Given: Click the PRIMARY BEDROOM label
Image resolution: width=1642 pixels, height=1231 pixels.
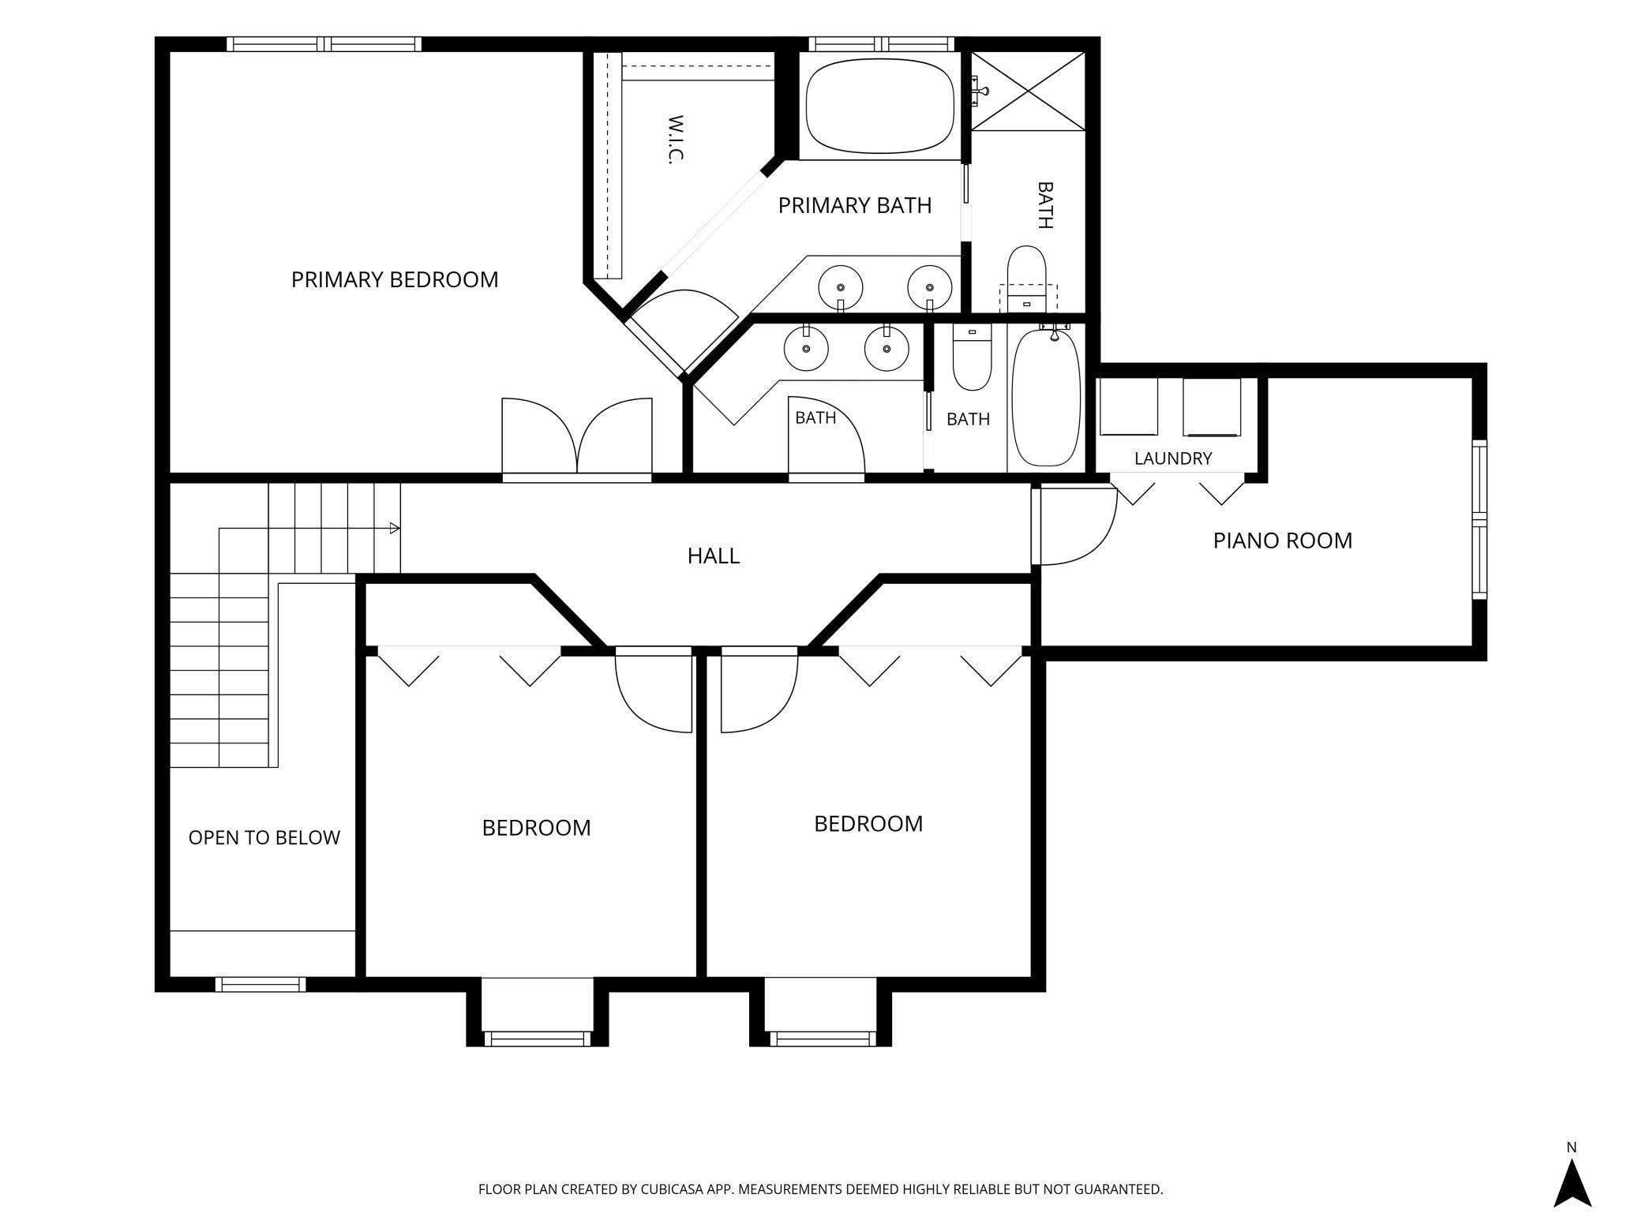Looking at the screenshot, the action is coord(395,279).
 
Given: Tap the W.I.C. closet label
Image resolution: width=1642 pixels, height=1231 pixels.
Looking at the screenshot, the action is coord(675,139).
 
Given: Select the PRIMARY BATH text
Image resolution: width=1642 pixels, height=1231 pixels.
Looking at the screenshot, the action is coord(855,205).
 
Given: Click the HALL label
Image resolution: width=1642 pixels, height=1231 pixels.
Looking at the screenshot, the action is coord(714,556).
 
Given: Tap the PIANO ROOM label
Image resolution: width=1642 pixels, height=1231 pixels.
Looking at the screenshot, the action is coord(1283,541).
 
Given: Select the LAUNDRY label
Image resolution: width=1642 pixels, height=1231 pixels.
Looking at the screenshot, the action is coord(1173,458).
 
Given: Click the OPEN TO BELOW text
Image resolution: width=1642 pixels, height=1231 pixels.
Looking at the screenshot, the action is coord(264,837).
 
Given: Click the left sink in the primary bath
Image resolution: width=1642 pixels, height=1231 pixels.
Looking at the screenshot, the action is coord(840,288).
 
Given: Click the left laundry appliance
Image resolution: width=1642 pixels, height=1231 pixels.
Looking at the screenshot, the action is coord(1129,406).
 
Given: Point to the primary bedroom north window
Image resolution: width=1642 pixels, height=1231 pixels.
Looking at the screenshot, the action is coord(324,43).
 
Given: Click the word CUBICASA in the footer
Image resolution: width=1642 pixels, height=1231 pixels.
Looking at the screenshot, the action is coord(684,1189).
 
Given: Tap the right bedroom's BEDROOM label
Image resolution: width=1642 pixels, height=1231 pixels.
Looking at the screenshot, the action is coord(868,824).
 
